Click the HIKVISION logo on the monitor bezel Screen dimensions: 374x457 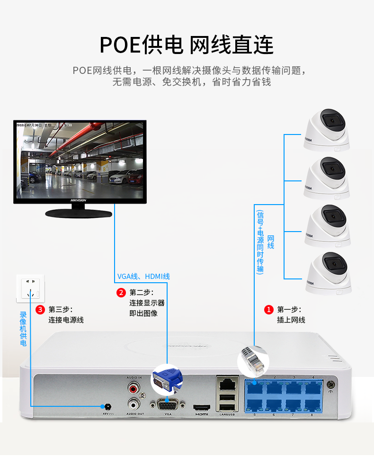point(79,200)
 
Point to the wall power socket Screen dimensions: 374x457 point(32,288)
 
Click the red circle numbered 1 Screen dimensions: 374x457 point(268,310)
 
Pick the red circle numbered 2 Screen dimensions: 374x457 point(121,292)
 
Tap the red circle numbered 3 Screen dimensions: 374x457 point(40,310)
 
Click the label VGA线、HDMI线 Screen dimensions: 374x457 point(143,277)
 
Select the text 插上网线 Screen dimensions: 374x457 point(291,320)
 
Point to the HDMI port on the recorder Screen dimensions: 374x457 point(202,407)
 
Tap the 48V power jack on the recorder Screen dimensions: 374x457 point(107,406)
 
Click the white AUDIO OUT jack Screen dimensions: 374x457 point(134,404)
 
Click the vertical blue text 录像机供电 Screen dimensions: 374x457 point(23,329)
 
